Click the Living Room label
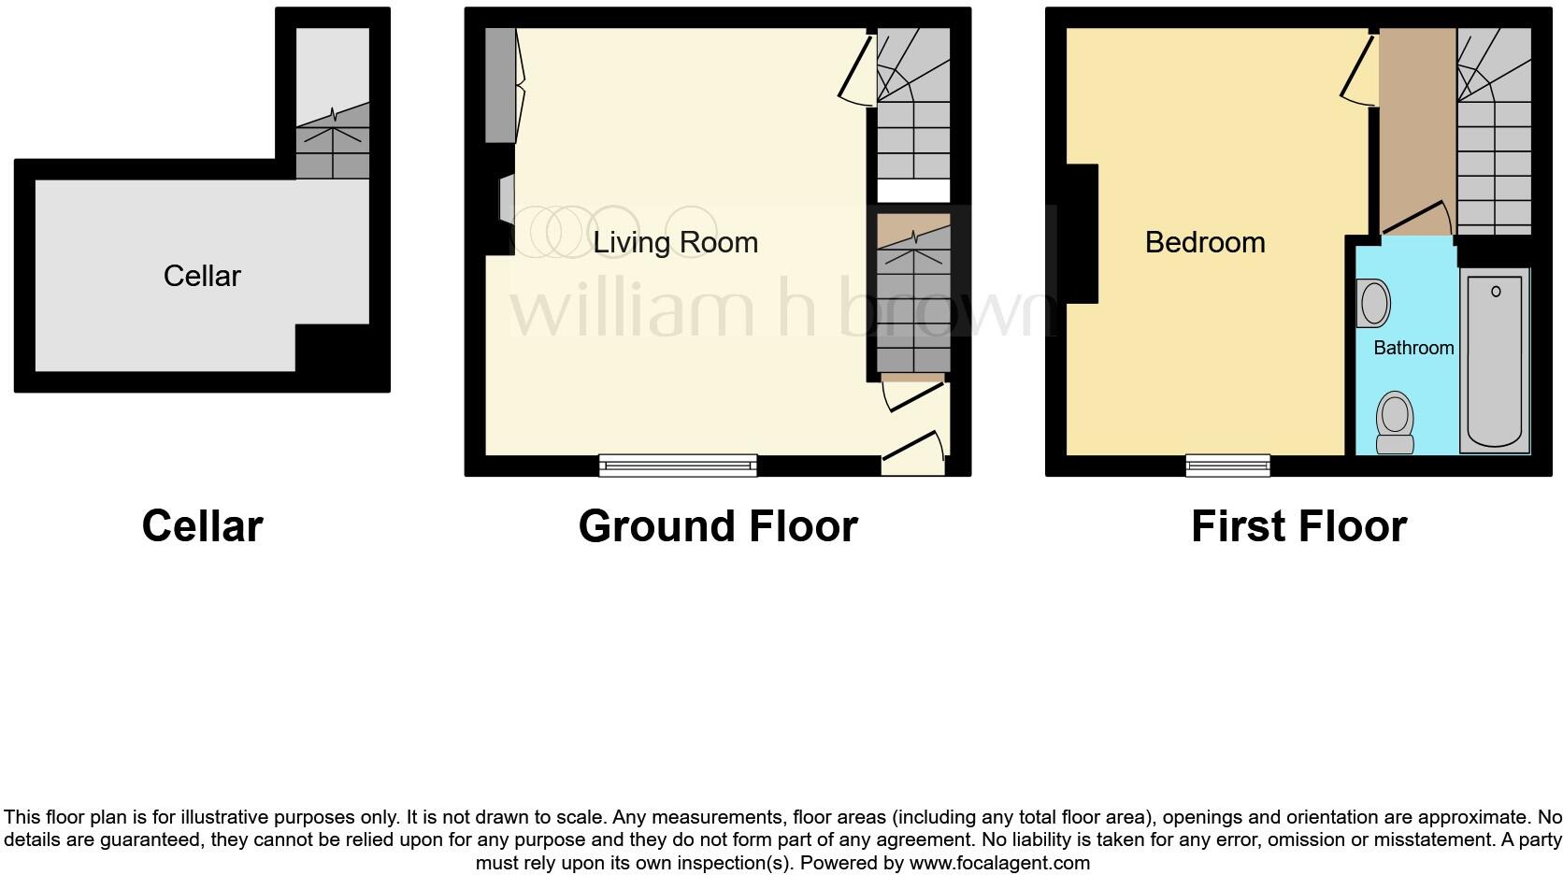(x=675, y=242)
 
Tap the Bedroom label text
(x=1204, y=242)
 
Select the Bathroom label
(x=1412, y=348)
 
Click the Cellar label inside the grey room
(x=202, y=276)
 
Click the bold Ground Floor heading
(x=717, y=526)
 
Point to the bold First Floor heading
(x=1298, y=526)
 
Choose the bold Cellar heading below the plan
(x=202, y=526)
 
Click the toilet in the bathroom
(x=1395, y=422)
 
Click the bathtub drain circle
(x=1495, y=292)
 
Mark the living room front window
(x=678, y=465)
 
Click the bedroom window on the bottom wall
(x=1227, y=465)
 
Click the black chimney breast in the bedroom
(x=1082, y=234)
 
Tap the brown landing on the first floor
(x=1417, y=122)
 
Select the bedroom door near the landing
(x=1358, y=70)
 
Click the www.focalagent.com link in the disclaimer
(x=998, y=863)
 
